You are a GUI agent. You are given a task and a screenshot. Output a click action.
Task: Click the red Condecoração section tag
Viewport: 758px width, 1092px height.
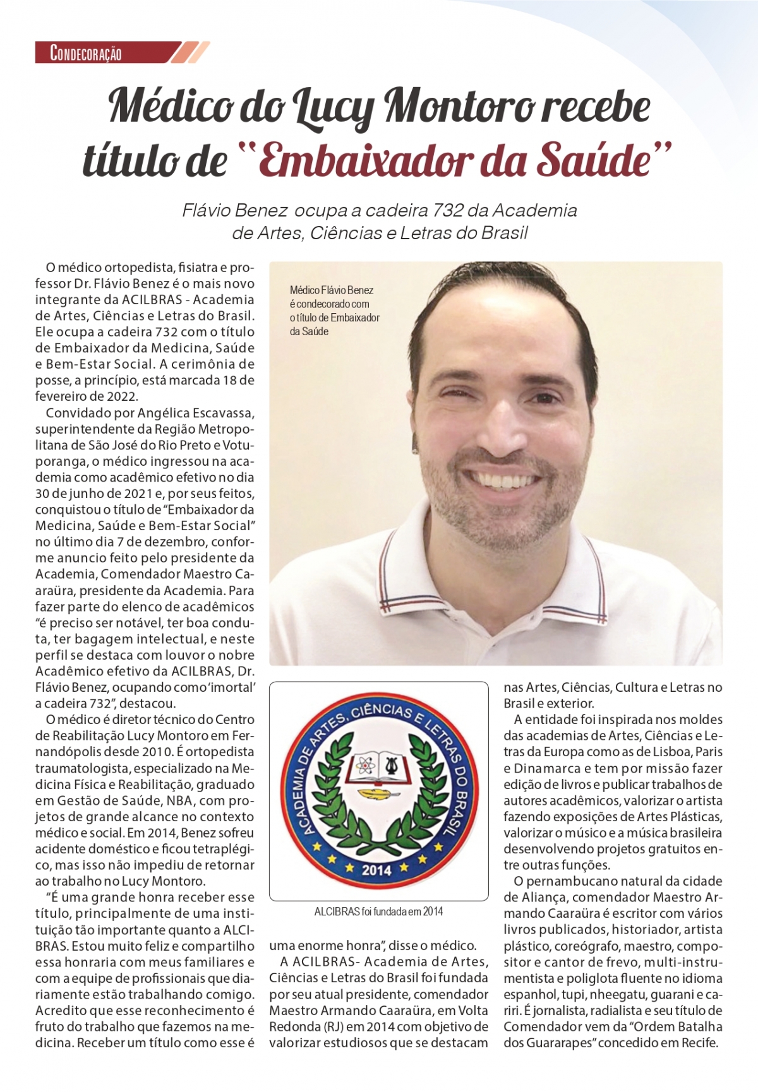click(x=87, y=53)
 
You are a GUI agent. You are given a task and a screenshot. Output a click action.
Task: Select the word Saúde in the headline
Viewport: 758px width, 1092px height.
click(x=593, y=159)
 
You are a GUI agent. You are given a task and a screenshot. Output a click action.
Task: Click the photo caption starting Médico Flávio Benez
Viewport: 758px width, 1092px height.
click(x=334, y=311)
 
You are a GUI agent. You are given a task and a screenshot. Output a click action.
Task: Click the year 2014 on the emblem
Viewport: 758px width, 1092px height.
click(x=376, y=870)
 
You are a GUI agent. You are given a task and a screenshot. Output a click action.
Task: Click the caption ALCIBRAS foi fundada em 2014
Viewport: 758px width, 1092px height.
click(x=378, y=911)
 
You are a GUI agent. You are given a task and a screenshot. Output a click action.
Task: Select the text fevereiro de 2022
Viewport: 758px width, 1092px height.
click(x=86, y=396)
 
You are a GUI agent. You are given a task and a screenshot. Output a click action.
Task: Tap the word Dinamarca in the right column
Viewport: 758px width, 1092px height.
click(x=550, y=768)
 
